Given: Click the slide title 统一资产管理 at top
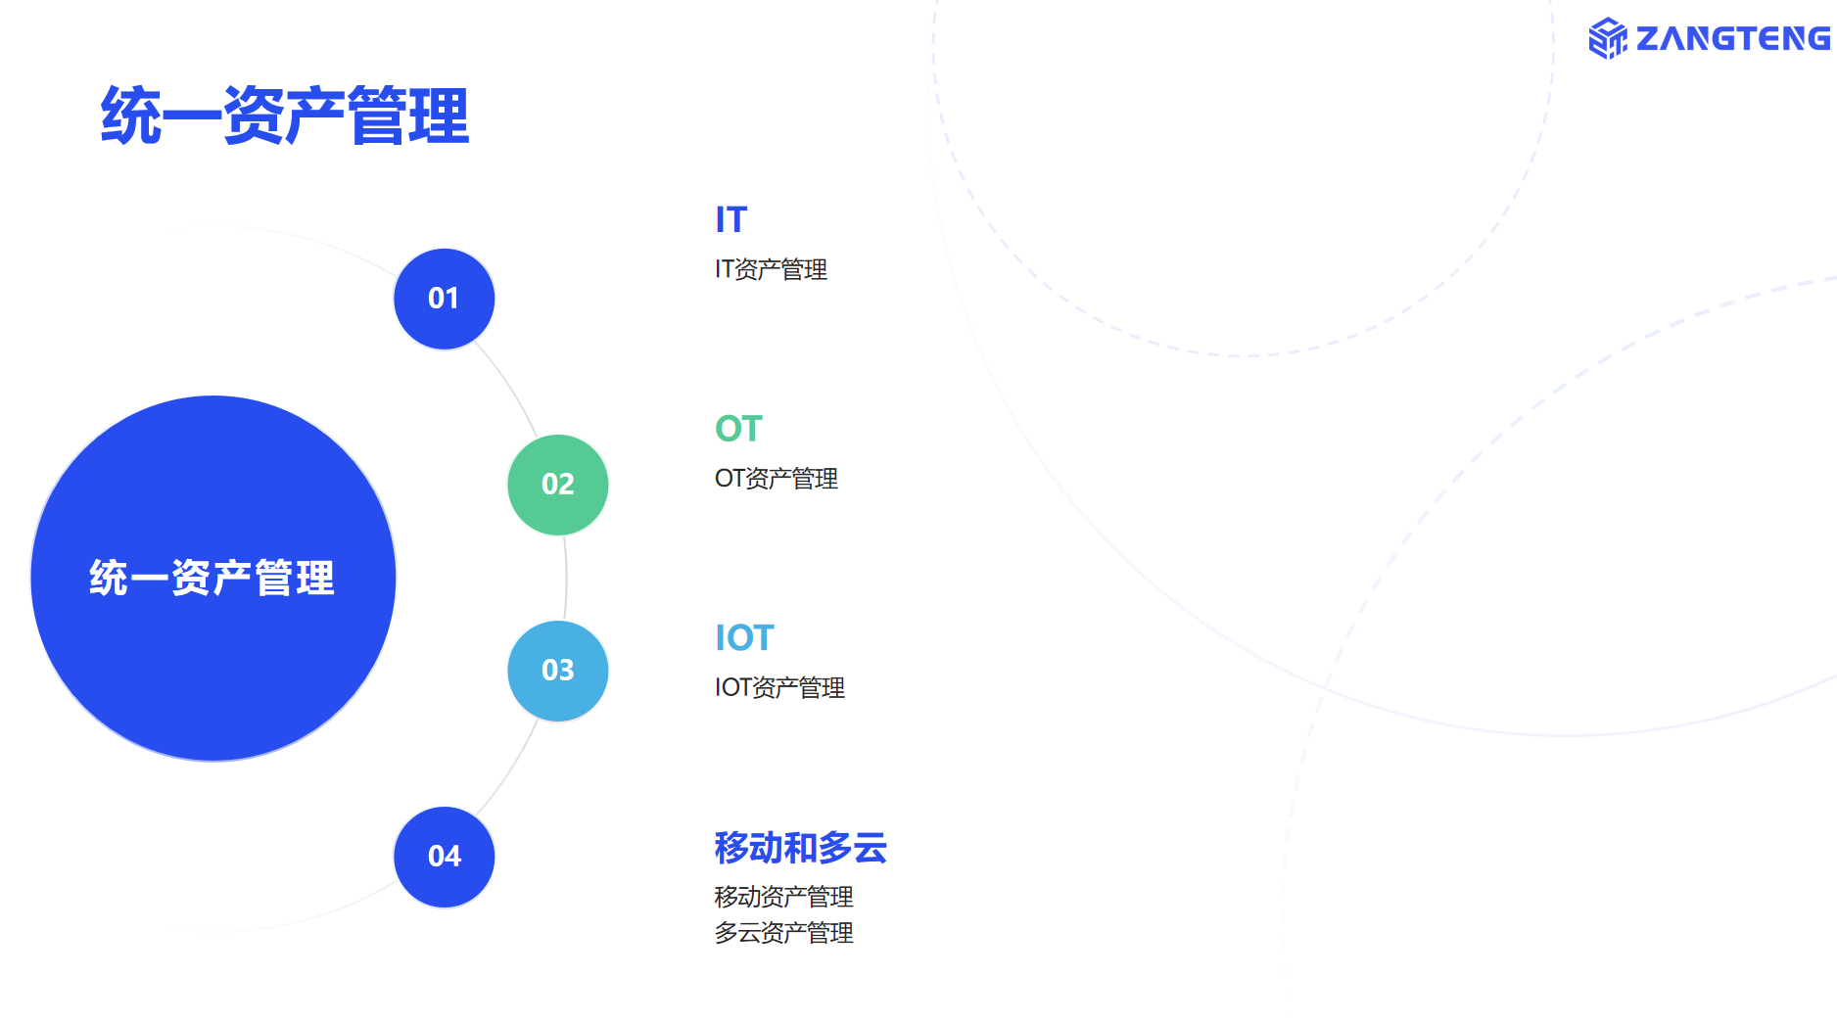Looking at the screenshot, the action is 285,116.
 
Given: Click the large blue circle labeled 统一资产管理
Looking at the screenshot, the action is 213,579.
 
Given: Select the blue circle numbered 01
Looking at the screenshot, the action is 445,299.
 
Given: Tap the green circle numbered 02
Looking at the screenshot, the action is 558,485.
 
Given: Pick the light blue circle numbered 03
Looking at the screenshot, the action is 558,671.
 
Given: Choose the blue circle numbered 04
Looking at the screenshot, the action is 445,857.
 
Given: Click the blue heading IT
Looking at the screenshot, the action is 731,220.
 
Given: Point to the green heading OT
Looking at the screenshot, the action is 738,429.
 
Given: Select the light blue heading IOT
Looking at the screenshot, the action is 744,638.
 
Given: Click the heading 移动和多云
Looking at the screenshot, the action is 801,848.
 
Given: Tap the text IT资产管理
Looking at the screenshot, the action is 772,269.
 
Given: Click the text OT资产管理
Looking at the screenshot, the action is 777,479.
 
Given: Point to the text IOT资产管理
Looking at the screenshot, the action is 780,688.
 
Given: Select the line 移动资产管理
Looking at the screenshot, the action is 784,897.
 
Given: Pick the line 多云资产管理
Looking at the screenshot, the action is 784,933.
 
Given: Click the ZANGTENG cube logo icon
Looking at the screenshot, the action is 1608,38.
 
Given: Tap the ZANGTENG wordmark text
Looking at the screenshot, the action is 1733,38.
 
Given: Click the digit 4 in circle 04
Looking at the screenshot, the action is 452,857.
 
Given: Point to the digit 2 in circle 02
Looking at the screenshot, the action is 566,485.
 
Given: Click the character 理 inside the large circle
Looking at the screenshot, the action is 315,579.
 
